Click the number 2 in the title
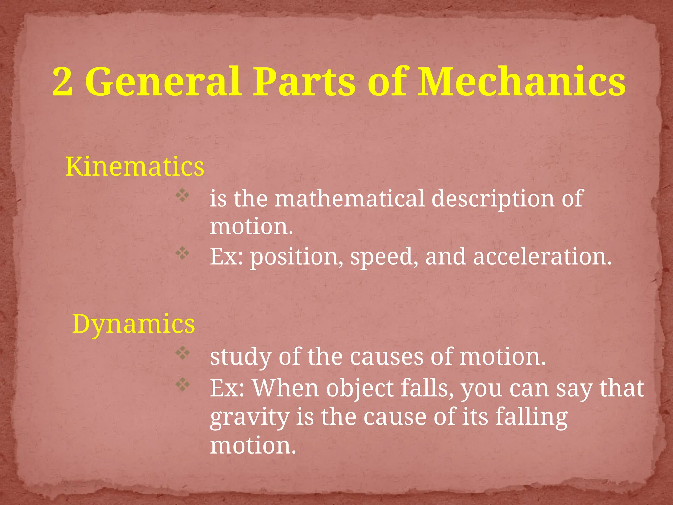coord(62,82)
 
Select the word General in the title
coord(163,82)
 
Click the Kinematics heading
coord(135,167)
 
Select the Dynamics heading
coord(133,324)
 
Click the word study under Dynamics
coord(241,357)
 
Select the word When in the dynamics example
coord(286,388)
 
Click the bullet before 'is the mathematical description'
coord(182,196)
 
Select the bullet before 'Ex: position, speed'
coord(182,253)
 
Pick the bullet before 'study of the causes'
coord(182,353)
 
